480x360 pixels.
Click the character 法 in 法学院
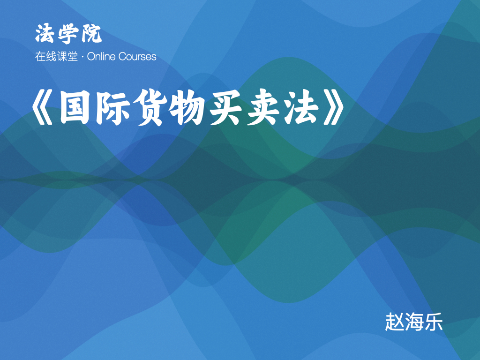click(x=45, y=33)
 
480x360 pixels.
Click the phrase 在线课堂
click(x=56, y=57)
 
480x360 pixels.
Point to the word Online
click(x=101, y=57)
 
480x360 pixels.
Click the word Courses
click(x=137, y=57)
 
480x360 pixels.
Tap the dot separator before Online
click(x=82, y=57)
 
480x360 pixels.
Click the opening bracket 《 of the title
click(x=43, y=107)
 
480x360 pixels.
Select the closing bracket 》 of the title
click(x=334, y=107)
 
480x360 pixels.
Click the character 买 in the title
click(x=225, y=107)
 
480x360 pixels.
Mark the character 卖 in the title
click(x=263, y=107)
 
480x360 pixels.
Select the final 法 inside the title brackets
click(x=301, y=107)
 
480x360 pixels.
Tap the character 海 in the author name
click(x=414, y=322)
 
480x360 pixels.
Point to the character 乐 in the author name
click(x=433, y=322)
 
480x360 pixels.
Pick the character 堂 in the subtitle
click(x=73, y=57)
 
